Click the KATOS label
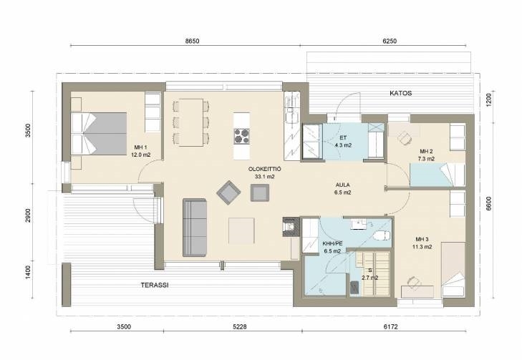tap(400, 93)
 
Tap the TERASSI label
tap(155, 285)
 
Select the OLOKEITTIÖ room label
tap(265, 169)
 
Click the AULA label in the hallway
tap(342, 185)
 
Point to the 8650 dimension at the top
tap(192, 41)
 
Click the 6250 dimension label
tap(390, 41)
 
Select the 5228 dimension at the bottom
tap(240, 327)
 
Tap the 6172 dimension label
tap(390, 327)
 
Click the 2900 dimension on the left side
tap(28, 215)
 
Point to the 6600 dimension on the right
tap(488, 203)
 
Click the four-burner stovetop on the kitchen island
tap(242, 136)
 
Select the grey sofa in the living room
tap(195, 228)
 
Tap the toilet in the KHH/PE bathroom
tap(382, 235)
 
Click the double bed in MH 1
tap(99, 133)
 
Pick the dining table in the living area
tap(191, 122)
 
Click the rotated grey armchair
tap(228, 193)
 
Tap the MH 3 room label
tap(422, 239)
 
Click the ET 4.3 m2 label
tap(343, 142)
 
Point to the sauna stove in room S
tap(354, 288)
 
